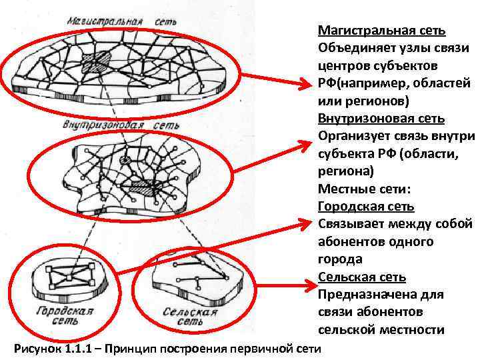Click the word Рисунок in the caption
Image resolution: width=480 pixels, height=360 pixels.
tap(37, 349)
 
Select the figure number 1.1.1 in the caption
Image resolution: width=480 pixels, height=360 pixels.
tap(82, 349)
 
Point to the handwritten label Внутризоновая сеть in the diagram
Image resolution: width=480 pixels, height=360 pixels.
tap(121, 125)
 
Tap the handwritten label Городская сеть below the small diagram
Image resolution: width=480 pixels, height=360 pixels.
tap(64, 315)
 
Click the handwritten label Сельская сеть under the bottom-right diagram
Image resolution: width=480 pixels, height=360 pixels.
tap(190, 316)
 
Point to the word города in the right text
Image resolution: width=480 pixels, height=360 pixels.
tap(341, 259)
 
